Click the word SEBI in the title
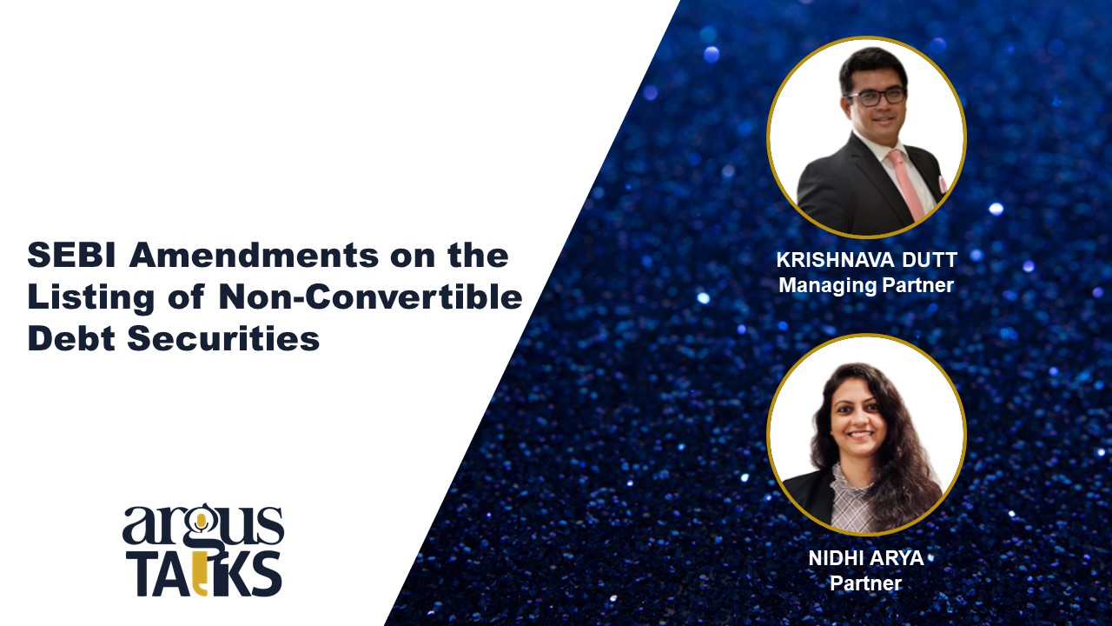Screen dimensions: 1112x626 tap(71, 256)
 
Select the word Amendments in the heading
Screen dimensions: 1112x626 tap(254, 256)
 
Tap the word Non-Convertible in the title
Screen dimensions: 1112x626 tap(370, 297)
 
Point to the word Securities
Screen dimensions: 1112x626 tap(223, 338)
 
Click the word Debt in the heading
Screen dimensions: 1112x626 tap(71, 338)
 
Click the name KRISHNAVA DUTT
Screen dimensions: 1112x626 tap(867, 260)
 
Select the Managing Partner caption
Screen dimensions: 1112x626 tap(866, 285)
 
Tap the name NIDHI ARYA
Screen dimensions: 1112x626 tap(866, 558)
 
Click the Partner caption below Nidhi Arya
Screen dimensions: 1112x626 tap(866, 583)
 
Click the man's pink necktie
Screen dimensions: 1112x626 tap(906, 183)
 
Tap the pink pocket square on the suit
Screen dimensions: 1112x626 tap(942, 183)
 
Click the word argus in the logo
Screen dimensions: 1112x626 tap(203, 526)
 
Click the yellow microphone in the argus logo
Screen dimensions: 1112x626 tap(201, 523)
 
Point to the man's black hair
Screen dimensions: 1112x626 tap(872, 64)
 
